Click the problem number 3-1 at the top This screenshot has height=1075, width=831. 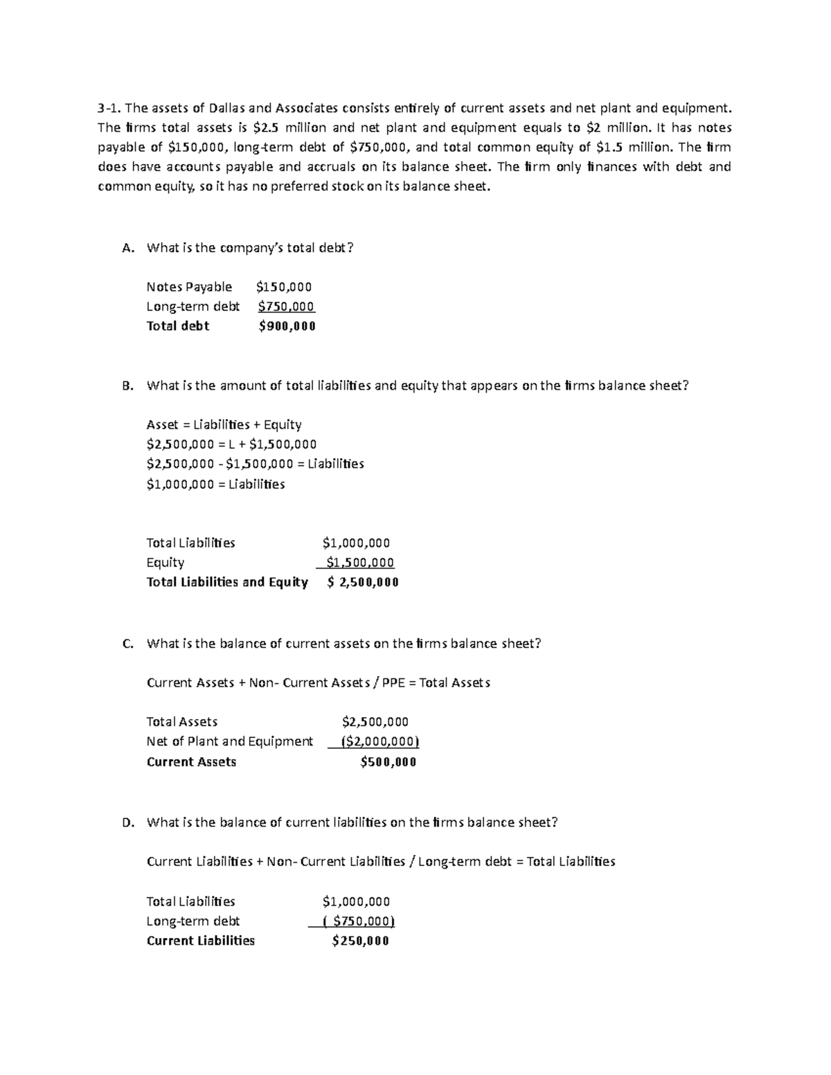[109, 107]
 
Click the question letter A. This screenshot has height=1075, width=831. [126, 248]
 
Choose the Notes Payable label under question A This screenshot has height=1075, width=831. [189, 287]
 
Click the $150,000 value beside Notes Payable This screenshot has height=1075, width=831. [284, 287]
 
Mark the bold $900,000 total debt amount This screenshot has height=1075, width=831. [287, 326]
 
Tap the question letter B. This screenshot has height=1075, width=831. [126, 386]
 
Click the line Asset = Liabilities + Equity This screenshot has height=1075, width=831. [224, 424]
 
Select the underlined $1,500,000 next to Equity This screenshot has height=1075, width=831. [359, 563]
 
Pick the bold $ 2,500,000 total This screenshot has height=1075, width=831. [363, 582]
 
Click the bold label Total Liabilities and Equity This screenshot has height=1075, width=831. [227, 582]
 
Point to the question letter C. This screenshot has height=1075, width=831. [126, 644]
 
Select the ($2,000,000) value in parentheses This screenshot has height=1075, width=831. [380, 741]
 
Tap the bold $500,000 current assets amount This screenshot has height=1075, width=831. [388, 762]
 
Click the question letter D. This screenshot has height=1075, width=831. [126, 822]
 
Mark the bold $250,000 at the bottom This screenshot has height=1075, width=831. [360, 941]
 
